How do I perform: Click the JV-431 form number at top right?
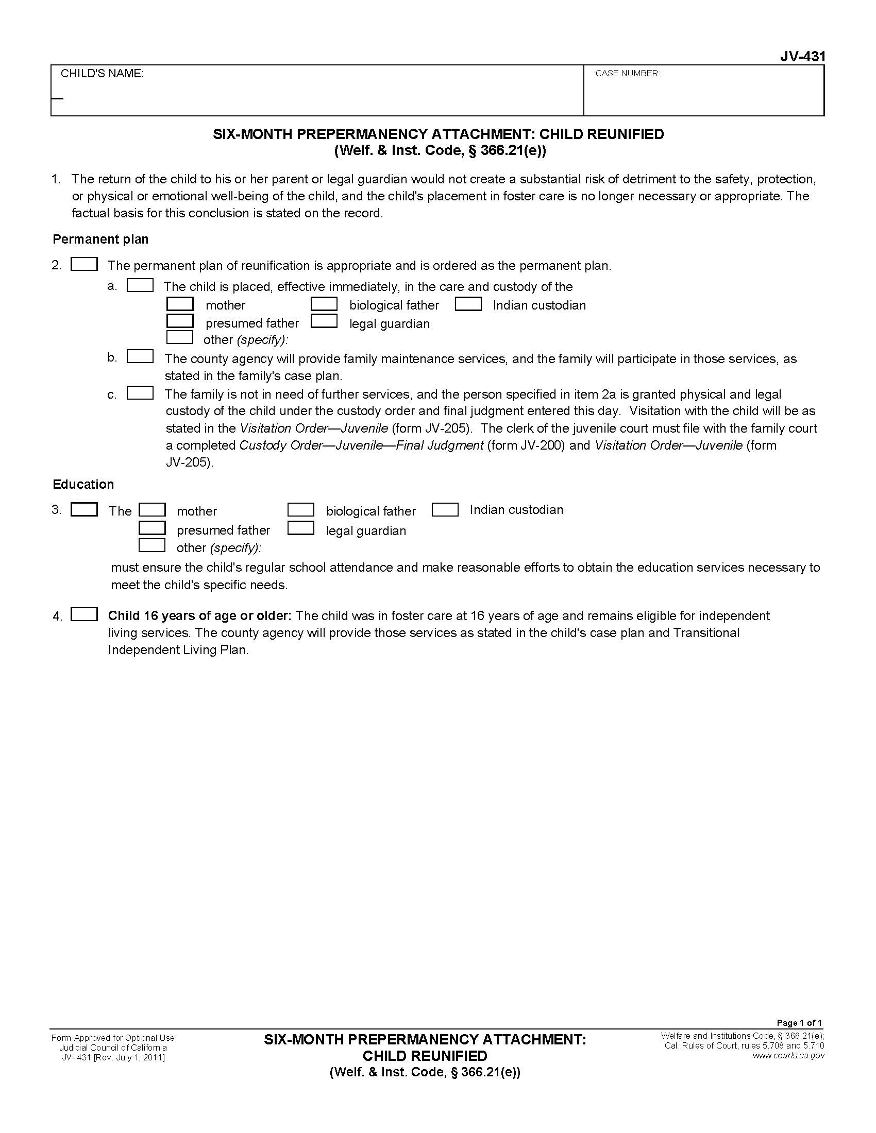pos(802,57)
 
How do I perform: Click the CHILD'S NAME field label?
pos(102,74)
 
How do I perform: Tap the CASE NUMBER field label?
pos(628,74)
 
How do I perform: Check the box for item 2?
pos(84,265)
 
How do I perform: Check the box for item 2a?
pos(140,286)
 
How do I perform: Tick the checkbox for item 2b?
pos(140,357)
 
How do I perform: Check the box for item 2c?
pos(140,393)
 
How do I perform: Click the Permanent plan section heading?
pos(100,239)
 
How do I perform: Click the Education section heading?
pos(83,484)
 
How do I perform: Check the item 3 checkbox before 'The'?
pos(84,510)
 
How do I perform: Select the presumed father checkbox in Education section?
pos(152,528)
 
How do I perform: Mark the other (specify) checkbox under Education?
pos(152,546)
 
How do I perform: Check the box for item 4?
pos(84,615)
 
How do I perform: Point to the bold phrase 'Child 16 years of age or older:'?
pos(200,616)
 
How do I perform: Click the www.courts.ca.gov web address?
pos(788,1056)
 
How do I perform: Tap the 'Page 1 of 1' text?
pos(799,1023)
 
